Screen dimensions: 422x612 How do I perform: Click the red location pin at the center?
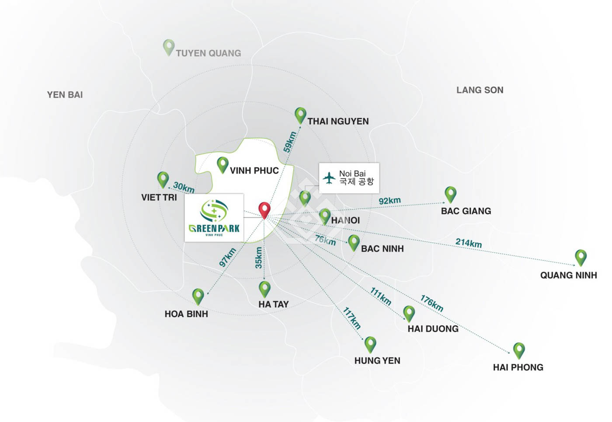[x=264, y=209]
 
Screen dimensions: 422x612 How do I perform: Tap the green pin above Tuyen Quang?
[x=169, y=47]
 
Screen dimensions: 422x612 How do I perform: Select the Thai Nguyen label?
[x=338, y=122]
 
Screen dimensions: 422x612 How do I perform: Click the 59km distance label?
[x=290, y=142]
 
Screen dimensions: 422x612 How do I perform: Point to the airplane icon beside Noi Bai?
[x=329, y=178]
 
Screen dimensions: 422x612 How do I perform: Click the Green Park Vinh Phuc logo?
[x=214, y=217]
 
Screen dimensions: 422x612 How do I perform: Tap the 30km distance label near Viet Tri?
[x=184, y=187]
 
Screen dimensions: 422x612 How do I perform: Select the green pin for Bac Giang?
[x=450, y=194]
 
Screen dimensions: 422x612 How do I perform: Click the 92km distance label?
[x=389, y=201]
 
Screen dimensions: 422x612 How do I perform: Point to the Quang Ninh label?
[x=568, y=275]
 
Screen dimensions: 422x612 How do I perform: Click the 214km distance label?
[x=469, y=243]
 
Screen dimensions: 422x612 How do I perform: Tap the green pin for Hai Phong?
[x=519, y=350]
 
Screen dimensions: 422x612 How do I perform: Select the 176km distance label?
[x=431, y=303]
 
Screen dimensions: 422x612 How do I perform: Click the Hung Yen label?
[x=377, y=361]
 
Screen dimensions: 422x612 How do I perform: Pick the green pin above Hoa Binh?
[x=198, y=296]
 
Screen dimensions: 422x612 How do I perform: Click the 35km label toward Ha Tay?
[x=259, y=258]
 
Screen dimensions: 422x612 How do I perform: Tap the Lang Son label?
[x=480, y=90]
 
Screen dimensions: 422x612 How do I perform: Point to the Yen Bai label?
[x=65, y=95]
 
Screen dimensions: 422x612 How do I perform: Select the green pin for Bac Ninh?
[x=354, y=242]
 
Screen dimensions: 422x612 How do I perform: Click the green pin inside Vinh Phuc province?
[x=223, y=164]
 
